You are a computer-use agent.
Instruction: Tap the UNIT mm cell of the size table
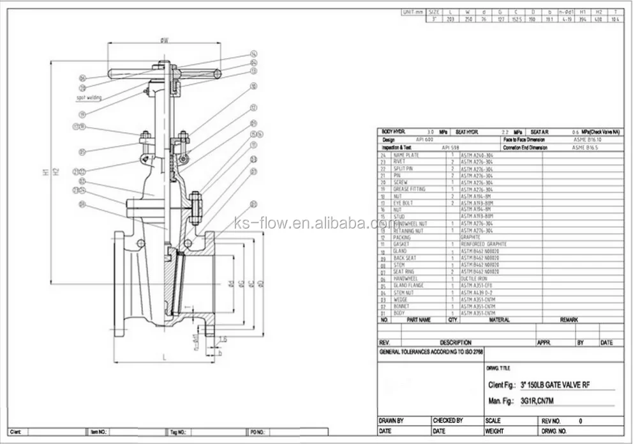coord(412,11)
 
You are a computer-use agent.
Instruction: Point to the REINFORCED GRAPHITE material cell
coord(483,244)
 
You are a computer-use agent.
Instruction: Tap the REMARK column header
coord(569,319)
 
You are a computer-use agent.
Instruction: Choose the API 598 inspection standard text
coord(451,147)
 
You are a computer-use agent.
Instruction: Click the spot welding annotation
coord(89,98)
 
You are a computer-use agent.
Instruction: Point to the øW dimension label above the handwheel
coord(165,40)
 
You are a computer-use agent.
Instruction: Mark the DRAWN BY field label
coord(392,421)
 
